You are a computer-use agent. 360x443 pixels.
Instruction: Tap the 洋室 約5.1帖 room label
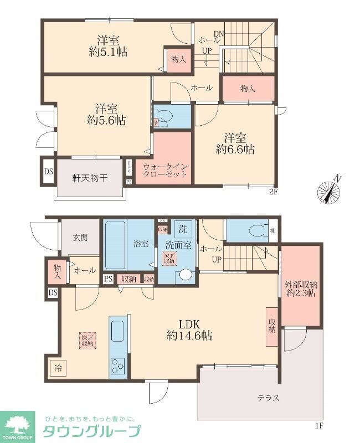[110, 46]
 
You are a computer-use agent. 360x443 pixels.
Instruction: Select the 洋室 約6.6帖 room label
[235, 143]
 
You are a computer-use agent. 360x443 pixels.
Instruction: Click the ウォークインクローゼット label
[164, 170]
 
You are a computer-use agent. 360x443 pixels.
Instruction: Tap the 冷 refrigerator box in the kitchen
[58, 367]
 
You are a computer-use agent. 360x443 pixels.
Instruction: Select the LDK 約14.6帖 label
[190, 329]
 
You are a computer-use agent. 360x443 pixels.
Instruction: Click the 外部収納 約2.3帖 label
[300, 289]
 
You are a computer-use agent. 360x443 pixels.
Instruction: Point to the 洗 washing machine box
[182, 228]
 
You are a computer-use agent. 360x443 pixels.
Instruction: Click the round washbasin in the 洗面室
[185, 274]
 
